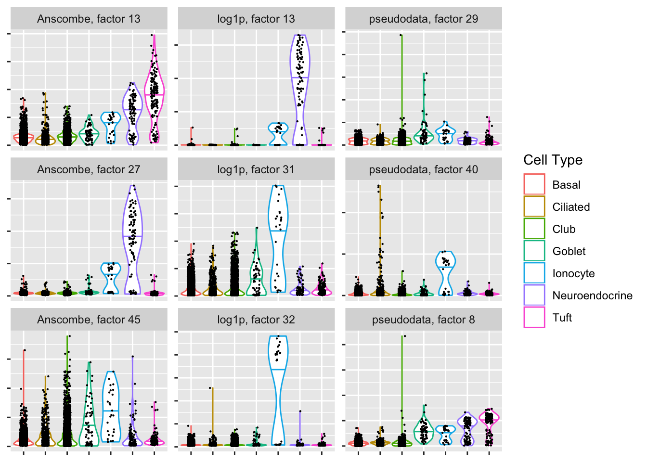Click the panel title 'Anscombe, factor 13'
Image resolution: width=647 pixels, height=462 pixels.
[89, 19]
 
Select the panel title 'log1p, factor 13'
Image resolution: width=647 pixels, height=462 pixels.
[256, 19]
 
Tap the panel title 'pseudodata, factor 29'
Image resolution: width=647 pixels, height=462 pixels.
[424, 19]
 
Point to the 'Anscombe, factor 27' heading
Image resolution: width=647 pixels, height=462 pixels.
[89, 169]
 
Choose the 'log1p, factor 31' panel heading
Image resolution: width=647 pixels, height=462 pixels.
[256, 169]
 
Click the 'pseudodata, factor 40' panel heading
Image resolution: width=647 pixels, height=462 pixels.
[424, 169]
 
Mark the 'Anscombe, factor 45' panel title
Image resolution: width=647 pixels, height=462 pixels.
[89, 320]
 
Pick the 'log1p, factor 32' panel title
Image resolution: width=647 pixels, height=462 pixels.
[256, 320]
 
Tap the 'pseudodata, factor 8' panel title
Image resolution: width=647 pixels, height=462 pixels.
[424, 320]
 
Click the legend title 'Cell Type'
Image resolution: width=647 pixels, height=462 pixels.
[553, 160]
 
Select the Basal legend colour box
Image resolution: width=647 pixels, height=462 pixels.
[534, 184]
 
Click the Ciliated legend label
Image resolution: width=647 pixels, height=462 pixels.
[571, 207]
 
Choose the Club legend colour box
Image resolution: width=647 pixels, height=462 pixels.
[534, 229]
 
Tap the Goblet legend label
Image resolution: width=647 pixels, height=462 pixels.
[569, 251]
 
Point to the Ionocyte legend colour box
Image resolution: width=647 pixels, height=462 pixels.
[534, 273]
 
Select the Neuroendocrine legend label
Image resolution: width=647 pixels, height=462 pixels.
[592, 295]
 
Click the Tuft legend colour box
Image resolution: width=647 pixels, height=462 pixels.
[534, 317]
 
